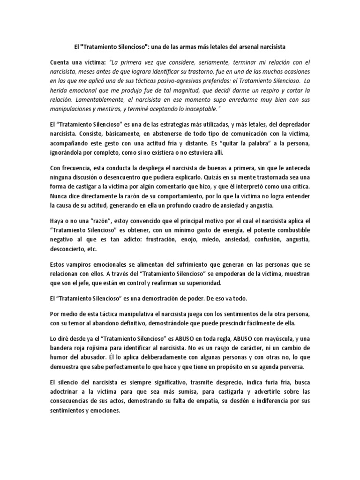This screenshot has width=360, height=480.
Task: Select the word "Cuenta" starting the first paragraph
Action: click(x=60, y=62)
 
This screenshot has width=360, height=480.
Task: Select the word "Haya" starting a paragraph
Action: click(x=57, y=220)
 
